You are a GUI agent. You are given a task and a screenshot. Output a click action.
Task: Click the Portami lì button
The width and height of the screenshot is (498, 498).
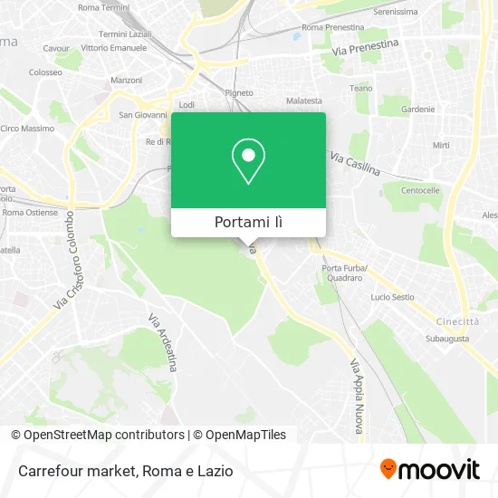pos(248,223)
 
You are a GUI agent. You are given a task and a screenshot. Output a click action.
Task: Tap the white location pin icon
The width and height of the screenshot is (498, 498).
pos(248,161)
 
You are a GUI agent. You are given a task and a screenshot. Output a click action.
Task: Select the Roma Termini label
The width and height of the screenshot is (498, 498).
pos(103,7)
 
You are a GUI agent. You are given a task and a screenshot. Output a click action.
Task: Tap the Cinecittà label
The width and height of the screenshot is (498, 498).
pos(456,321)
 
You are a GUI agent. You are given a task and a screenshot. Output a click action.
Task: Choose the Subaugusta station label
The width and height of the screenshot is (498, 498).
pos(447,338)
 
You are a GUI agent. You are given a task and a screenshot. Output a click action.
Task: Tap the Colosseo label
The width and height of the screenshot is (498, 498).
pos(45,72)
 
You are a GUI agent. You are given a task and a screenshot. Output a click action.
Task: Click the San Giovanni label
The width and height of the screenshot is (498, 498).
pos(143,115)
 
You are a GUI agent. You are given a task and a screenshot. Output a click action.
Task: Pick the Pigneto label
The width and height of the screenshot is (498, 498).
pos(239,92)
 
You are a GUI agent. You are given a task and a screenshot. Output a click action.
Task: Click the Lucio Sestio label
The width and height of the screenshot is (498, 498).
pos(392,297)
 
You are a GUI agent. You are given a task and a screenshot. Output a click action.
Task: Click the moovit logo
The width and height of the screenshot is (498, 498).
pos(430,469)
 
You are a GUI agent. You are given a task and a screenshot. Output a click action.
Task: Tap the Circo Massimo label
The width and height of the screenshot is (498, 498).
pos(27,129)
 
